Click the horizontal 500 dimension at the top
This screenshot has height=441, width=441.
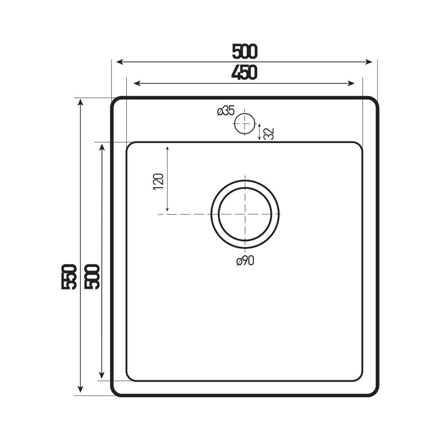(x=245, y=51)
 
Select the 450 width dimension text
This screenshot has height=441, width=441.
(x=244, y=73)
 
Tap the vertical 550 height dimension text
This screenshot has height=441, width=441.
(x=69, y=277)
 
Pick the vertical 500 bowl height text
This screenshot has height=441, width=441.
(x=92, y=277)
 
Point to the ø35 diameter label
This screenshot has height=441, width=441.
(x=226, y=111)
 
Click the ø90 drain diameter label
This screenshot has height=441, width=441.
(x=245, y=261)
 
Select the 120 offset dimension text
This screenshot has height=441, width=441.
(x=158, y=182)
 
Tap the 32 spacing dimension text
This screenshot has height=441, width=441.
(x=269, y=134)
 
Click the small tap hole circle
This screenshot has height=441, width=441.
(x=245, y=123)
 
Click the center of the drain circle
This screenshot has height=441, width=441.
(x=245, y=214)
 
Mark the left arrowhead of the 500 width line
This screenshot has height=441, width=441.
(x=119, y=62)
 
